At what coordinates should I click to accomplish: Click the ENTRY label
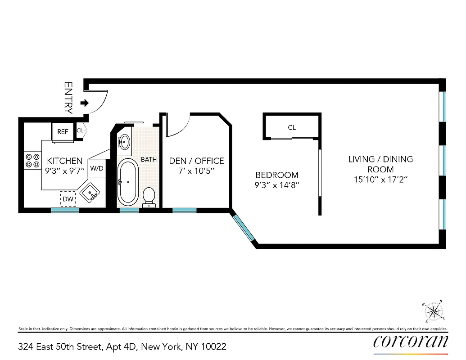pos(68,97)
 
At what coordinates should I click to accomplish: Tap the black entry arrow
pos(84,103)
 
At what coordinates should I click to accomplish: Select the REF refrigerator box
pos(63,132)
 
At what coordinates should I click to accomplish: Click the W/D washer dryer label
pos(96,168)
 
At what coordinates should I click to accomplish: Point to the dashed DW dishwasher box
pos(68,198)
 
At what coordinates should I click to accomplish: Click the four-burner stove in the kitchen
pos(32,161)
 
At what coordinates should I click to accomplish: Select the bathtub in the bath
pos(128,181)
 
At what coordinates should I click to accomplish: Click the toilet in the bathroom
pos(149,197)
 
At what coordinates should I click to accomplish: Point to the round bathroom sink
pos(125,142)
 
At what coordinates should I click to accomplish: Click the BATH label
pos(149,159)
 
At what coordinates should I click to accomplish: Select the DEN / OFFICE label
pos(196,161)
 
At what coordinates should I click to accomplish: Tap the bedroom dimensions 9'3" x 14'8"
pos(277,184)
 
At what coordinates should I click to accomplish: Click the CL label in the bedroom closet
pos(292,128)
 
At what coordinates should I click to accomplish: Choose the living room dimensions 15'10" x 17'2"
pos(380,179)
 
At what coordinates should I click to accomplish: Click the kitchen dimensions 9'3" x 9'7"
pos(65,171)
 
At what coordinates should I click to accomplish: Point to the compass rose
pos(433,311)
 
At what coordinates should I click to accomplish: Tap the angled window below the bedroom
pos(244,228)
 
